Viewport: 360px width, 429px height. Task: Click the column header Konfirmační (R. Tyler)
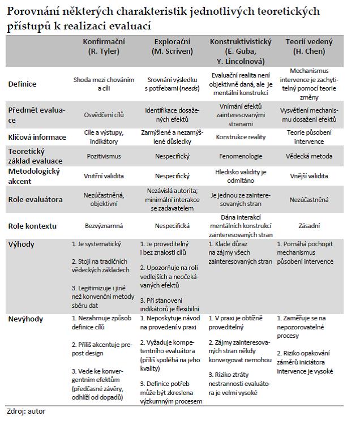[x=104, y=46]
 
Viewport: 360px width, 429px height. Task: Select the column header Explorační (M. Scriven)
[x=173, y=46]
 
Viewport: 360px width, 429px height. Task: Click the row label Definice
[x=22, y=84]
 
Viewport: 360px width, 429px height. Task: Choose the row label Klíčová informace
[x=37, y=137]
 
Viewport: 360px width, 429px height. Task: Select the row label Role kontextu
[x=32, y=226]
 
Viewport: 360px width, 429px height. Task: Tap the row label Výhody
[x=22, y=244]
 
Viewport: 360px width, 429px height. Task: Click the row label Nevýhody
[x=25, y=319]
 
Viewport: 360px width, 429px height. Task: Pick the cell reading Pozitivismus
[x=104, y=156]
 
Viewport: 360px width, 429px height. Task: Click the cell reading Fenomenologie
[x=241, y=156]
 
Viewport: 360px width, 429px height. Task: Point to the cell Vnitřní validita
[x=104, y=176]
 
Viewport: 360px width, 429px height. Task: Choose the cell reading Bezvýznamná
[x=104, y=226]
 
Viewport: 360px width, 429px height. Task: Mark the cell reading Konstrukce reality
[x=241, y=137]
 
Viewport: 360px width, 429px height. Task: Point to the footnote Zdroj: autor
[x=26, y=411]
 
